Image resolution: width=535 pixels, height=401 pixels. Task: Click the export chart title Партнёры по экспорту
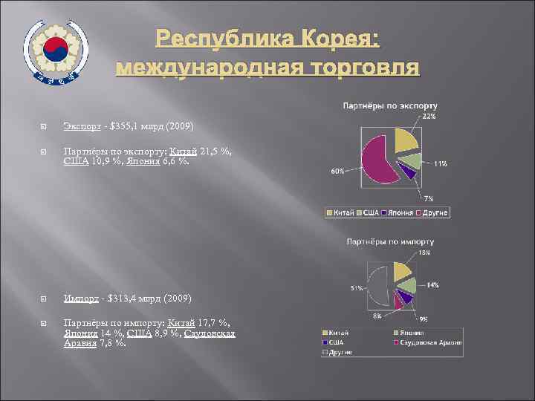pos(389,106)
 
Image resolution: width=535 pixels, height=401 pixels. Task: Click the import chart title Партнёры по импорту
pos(390,242)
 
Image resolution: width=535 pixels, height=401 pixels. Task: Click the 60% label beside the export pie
pos(337,171)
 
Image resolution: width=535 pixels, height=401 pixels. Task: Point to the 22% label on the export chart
pos(429,117)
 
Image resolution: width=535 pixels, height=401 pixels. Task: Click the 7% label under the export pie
pos(428,198)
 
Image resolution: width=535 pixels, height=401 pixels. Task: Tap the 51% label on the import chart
pos(356,288)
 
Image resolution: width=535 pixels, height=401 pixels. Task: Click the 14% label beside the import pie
pos(432,285)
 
